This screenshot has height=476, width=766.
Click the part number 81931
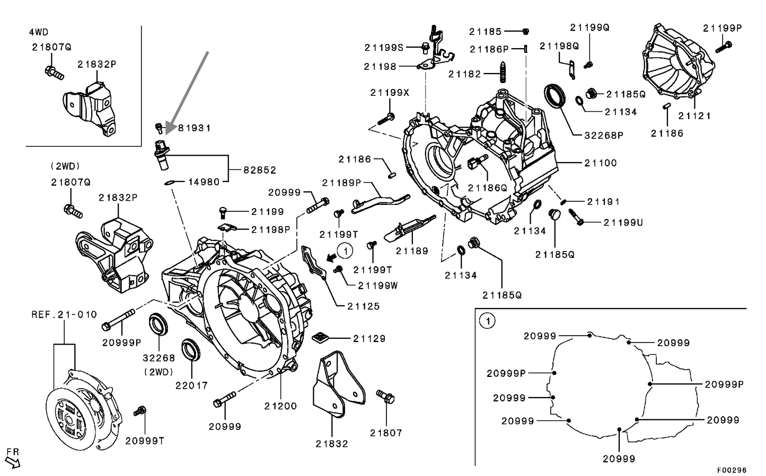click(194, 128)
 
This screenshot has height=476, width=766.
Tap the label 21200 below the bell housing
click(280, 406)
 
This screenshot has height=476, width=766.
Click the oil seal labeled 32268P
click(556, 96)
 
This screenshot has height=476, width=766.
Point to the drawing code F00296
click(732, 470)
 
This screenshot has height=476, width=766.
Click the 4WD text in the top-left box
click(39, 32)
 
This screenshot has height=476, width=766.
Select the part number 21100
click(601, 163)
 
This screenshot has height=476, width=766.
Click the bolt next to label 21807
click(385, 397)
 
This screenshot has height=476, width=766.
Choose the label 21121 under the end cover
click(694, 115)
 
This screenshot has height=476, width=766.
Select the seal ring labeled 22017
click(191, 350)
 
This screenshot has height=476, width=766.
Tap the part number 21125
click(364, 306)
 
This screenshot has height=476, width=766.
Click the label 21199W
click(377, 285)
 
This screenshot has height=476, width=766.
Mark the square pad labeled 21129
click(322, 337)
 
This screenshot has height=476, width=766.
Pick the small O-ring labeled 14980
click(169, 183)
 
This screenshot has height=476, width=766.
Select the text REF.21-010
click(64, 314)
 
